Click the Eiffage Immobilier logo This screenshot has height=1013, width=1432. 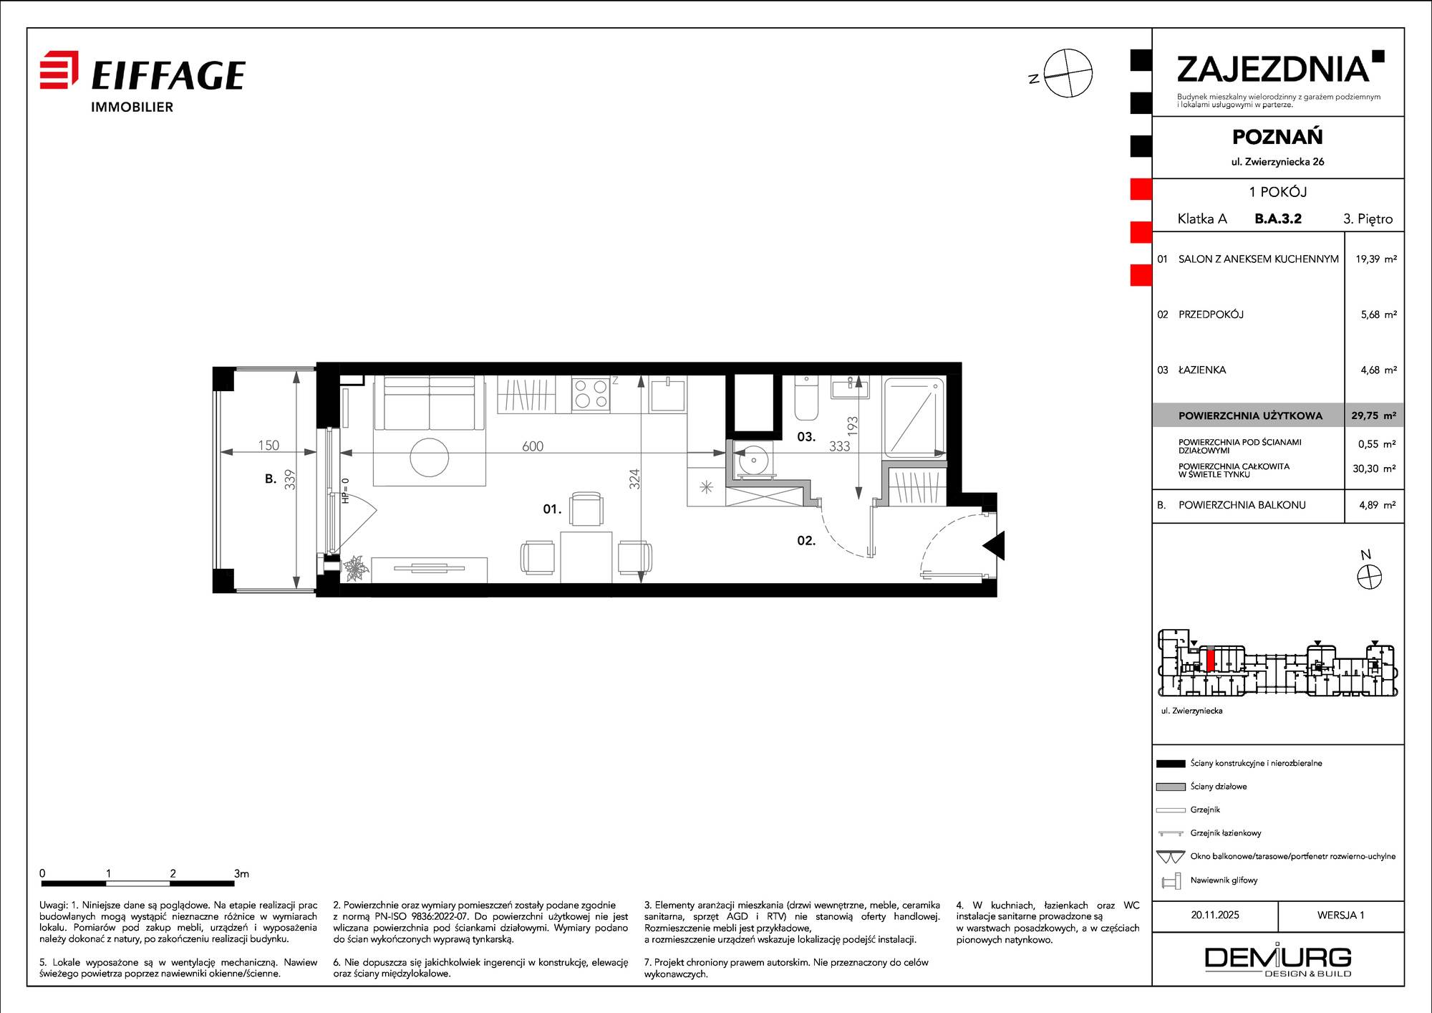click(142, 82)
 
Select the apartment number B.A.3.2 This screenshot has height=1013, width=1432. click(1278, 219)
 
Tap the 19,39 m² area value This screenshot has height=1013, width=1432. click(1375, 259)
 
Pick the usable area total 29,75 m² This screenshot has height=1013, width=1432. click(1373, 416)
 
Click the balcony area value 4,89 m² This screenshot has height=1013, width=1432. click(1378, 505)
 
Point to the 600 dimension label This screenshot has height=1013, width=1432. click(533, 446)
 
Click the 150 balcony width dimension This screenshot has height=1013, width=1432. click(268, 445)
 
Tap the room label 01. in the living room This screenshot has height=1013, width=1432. click(552, 509)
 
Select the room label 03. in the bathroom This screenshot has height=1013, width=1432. click(806, 436)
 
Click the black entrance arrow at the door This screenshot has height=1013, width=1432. click(994, 545)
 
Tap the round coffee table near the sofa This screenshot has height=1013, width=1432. click(430, 457)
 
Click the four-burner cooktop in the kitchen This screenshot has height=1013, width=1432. click(591, 394)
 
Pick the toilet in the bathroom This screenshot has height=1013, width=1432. click(806, 398)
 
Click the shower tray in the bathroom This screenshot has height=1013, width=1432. click(914, 418)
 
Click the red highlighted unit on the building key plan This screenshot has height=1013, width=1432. click(1210, 660)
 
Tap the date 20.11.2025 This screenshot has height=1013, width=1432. click(1215, 915)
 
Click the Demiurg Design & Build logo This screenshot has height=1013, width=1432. click(1278, 960)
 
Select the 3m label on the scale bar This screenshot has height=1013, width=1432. click(241, 873)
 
